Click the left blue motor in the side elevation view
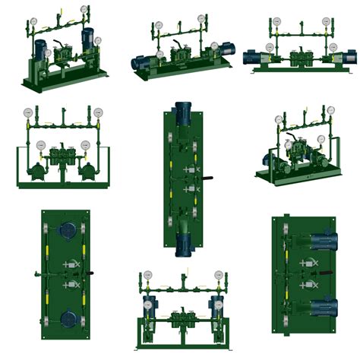tap(251, 56)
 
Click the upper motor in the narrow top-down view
tap(183, 115)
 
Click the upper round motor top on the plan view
tap(66, 231)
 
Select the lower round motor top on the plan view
tap(66, 317)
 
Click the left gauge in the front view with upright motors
tap(147, 275)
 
